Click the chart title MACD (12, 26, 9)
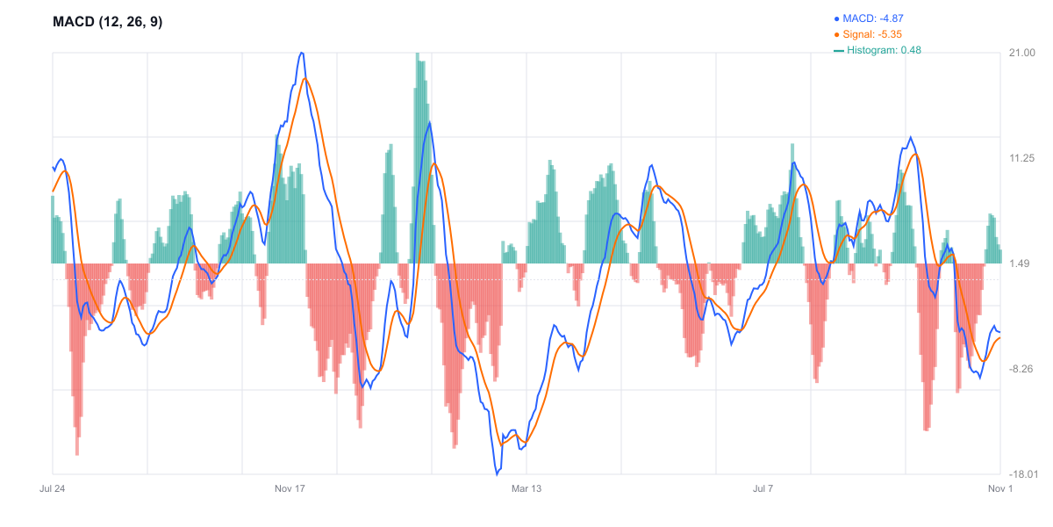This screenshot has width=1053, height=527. pyautogui.click(x=108, y=22)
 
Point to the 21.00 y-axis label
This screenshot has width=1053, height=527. pyautogui.click(x=1022, y=53)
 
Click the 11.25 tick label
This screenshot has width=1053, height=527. pyautogui.click(x=1022, y=158)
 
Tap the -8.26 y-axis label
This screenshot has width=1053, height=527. pyautogui.click(x=1021, y=369)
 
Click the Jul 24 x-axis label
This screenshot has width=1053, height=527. pyautogui.click(x=53, y=488)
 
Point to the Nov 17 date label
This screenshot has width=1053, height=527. pyautogui.click(x=290, y=488)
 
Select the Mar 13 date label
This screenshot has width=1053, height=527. pyautogui.click(x=526, y=488)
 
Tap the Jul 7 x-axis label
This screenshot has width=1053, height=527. pyautogui.click(x=763, y=488)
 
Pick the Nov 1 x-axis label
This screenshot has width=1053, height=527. pyautogui.click(x=1000, y=488)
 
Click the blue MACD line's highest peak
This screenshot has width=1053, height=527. pyautogui.click(x=302, y=53)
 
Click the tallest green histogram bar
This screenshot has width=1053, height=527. pyautogui.click(x=417, y=54)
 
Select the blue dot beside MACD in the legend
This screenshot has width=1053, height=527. pyautogui.click(x=836, y=18)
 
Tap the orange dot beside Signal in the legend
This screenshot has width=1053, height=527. pyautogui.click(x=836, y=34)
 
